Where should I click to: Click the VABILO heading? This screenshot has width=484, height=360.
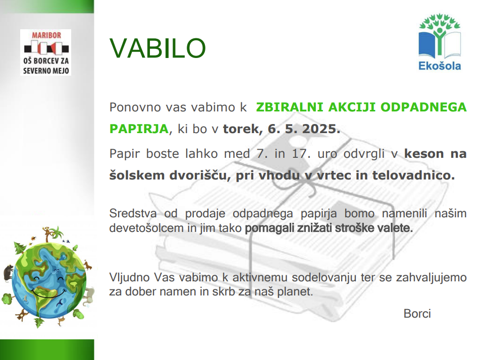(x=157, y=48)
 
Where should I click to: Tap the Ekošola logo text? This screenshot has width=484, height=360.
(x=440, y=66)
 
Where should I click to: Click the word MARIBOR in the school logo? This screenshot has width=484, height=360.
(x=46, y=35)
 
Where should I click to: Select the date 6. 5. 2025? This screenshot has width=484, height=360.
(x=304, y=129)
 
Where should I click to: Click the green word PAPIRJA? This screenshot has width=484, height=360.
(x=139, y=129)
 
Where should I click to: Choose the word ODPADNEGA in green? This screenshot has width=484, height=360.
(x=423, y=107)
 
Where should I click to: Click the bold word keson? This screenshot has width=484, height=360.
(x=424, y=154)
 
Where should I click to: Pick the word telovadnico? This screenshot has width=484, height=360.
(x=414, y=175)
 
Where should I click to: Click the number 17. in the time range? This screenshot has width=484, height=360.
(x=301, y=154)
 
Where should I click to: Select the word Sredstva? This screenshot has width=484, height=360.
(x=133, y=213)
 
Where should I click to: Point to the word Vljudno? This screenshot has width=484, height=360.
(x=130, y=277)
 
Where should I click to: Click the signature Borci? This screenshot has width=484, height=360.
(x=417, y=314)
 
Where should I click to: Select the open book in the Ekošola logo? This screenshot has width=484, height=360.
(x=440, y=44)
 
